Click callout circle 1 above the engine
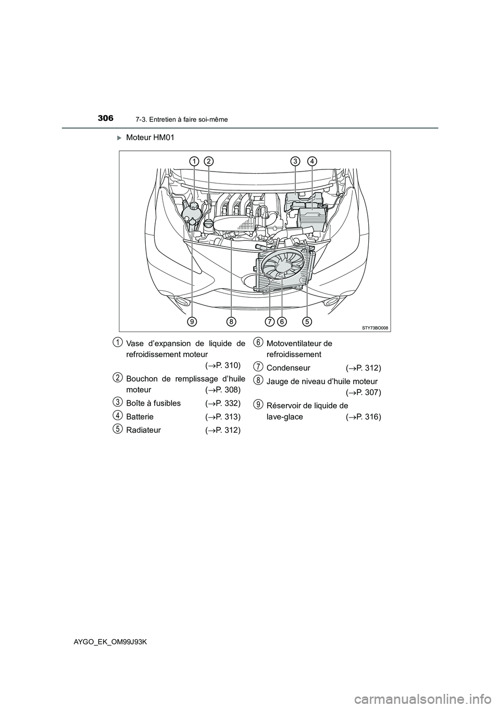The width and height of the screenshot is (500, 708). click(193, 161)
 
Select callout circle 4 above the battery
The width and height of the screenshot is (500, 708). click(312, 161)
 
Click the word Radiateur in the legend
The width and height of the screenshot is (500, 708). click(143, 430)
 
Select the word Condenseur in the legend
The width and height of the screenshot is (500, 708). click(288, 368)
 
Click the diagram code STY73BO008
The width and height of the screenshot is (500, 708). click(375, 327)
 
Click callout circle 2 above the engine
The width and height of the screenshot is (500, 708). click(208, 161)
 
